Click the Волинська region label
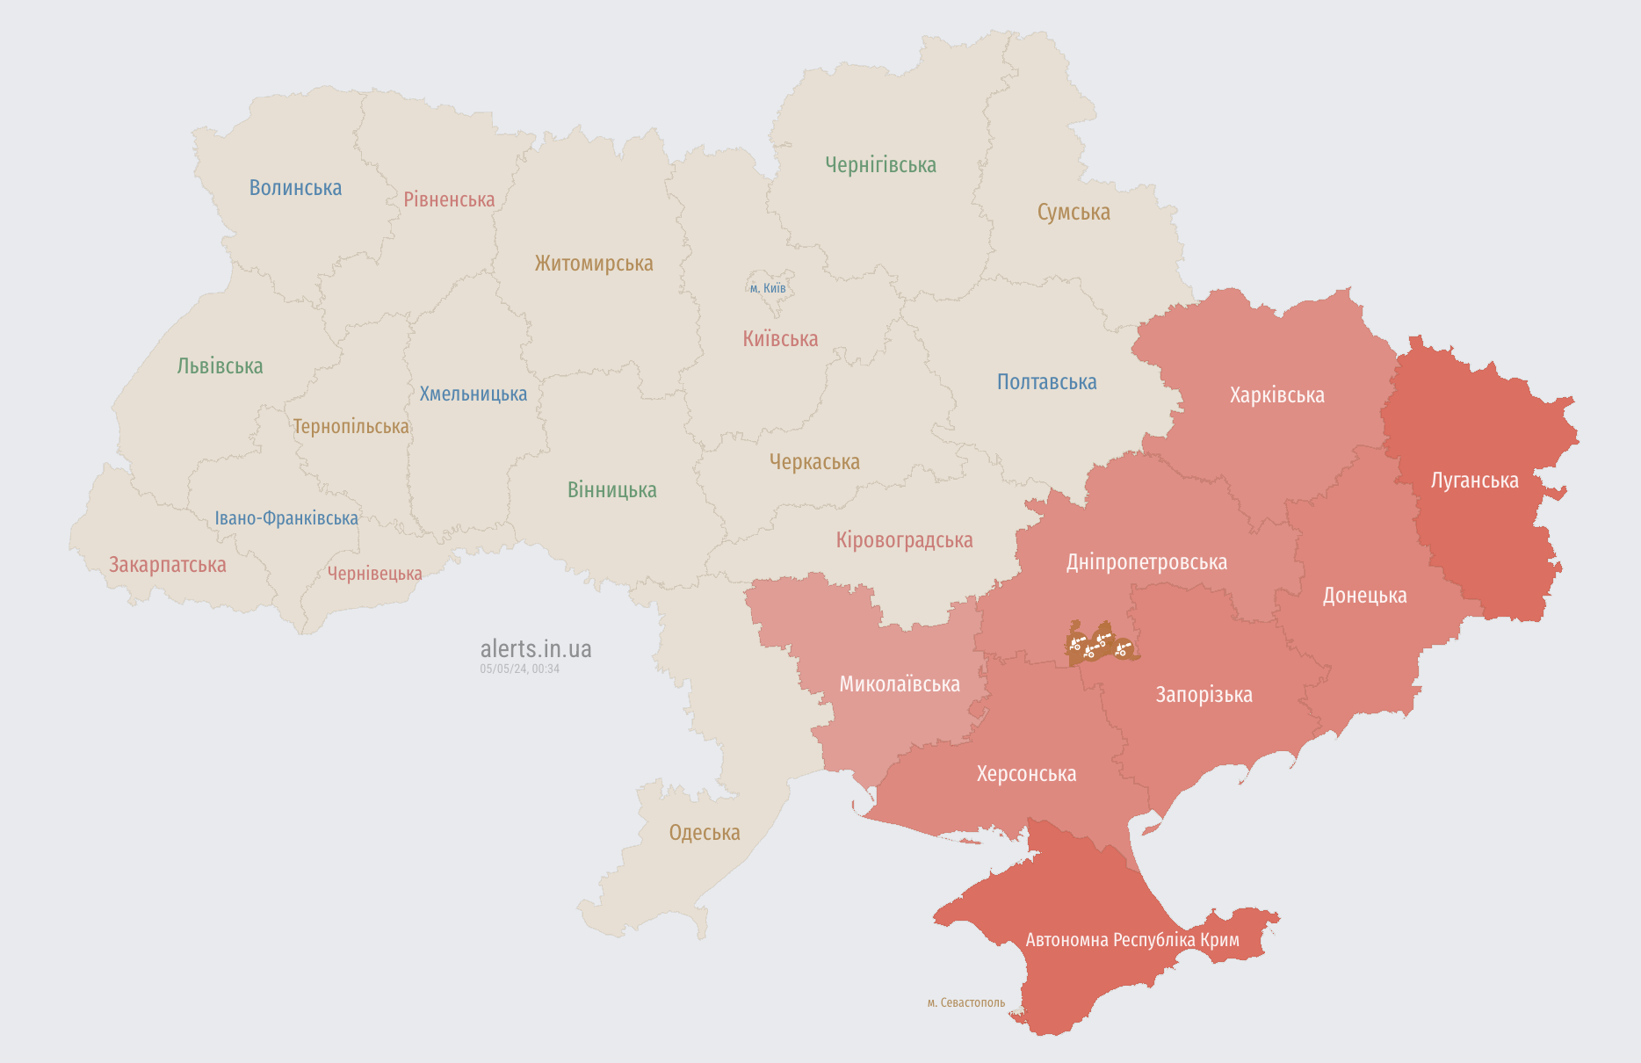coord(295,188)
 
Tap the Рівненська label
coord(449,199)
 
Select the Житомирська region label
coord(594,264)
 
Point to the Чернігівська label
coord(880,165)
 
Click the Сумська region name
coord(1074,213)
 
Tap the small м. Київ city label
coord(768,288)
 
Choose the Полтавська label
coord(1046,382)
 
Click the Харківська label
coord(1276,395)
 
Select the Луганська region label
coord(1474,481)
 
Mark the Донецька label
coord(1364,596)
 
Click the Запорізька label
coord(1204,695)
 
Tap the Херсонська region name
coord(1026,774)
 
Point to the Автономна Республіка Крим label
coord(1132,940)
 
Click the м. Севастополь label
coord(965,1002)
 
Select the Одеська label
coord(705,833)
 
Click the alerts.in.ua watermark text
coord(536,649)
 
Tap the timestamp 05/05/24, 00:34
coord(519,669)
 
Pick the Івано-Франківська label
coord(286,518)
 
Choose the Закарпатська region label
coord(167,565)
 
